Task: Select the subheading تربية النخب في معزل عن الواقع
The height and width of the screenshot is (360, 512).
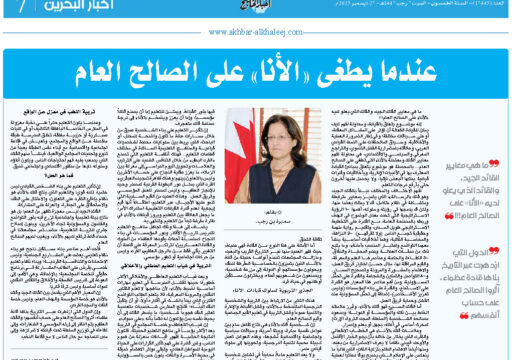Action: (75, 118)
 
